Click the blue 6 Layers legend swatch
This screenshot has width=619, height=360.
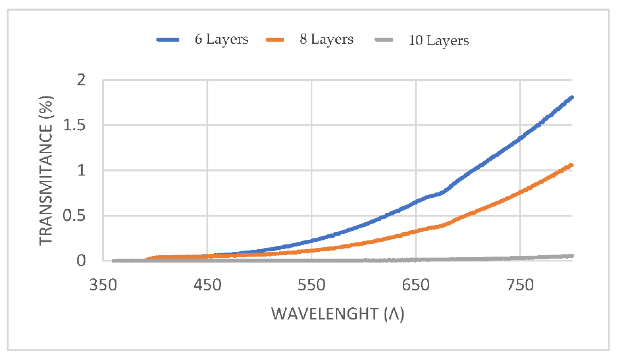coord(168,40)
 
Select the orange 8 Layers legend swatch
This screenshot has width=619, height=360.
coord(275,40)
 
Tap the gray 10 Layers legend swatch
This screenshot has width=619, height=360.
coord(384,40)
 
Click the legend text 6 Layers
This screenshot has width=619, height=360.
coord(222,39)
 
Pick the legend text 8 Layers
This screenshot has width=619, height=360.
coord(326,39)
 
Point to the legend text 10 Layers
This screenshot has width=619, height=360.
coord(439,40)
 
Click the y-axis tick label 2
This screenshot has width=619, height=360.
coord(81,80)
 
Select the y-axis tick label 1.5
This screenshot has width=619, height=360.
coord(74,125)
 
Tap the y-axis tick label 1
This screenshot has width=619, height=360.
coord(81,170)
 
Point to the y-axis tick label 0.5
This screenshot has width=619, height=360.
coord(74,216)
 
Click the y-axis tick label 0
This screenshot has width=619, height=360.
coord(81,261)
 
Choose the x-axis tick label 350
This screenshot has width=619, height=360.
coord(103,285)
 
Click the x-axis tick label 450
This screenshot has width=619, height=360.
coord(208,285)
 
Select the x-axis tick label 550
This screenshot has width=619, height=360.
coord(312,285)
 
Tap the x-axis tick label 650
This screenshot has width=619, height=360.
coord(416,285)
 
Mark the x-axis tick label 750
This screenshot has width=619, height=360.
coord(520,285)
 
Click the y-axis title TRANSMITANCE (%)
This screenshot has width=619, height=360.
coord(46,171)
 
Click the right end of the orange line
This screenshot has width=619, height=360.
coord(571,166)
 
